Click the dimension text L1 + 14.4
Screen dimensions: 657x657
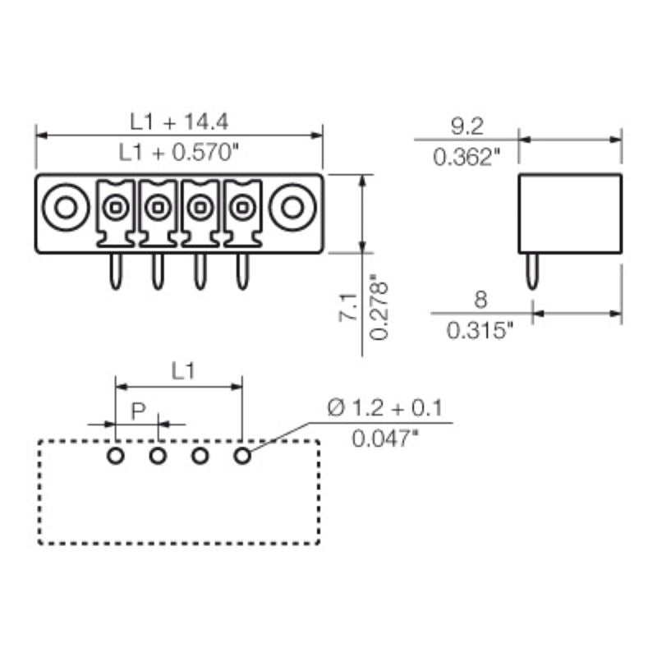coord(179,122)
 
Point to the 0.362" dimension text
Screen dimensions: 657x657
coord(466,157)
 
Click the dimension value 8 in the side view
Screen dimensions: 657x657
coord(480,299)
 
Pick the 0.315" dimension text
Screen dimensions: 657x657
coord(480,329)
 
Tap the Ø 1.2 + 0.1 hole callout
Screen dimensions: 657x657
coord(384,408)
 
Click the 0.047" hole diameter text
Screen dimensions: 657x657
coord(385,439)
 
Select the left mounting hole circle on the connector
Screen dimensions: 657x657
coord(66,208)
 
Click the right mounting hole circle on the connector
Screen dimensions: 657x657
coord(292,208)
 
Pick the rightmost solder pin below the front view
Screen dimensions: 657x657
coord(241,271)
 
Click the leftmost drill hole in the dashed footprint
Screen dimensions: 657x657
coord(116,455)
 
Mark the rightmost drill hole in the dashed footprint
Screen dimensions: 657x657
coord(241,455)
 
